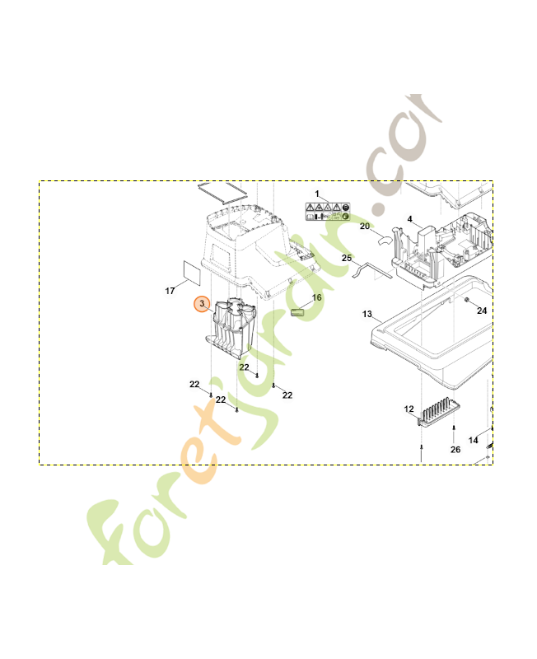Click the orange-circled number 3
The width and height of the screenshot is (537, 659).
203,305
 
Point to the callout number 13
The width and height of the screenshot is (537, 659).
368,314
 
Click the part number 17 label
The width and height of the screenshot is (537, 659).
170,291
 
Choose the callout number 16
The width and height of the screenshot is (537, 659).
316,297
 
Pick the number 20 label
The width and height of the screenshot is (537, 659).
365,226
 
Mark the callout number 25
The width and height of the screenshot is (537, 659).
347,259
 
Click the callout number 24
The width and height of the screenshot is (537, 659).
482,311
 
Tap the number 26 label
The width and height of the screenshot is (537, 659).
455,450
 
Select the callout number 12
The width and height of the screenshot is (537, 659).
409,409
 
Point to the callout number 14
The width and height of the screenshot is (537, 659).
474,441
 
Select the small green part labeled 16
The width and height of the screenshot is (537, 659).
299,312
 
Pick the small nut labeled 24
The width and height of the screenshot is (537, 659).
467,301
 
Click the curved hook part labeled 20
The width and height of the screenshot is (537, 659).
385,240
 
